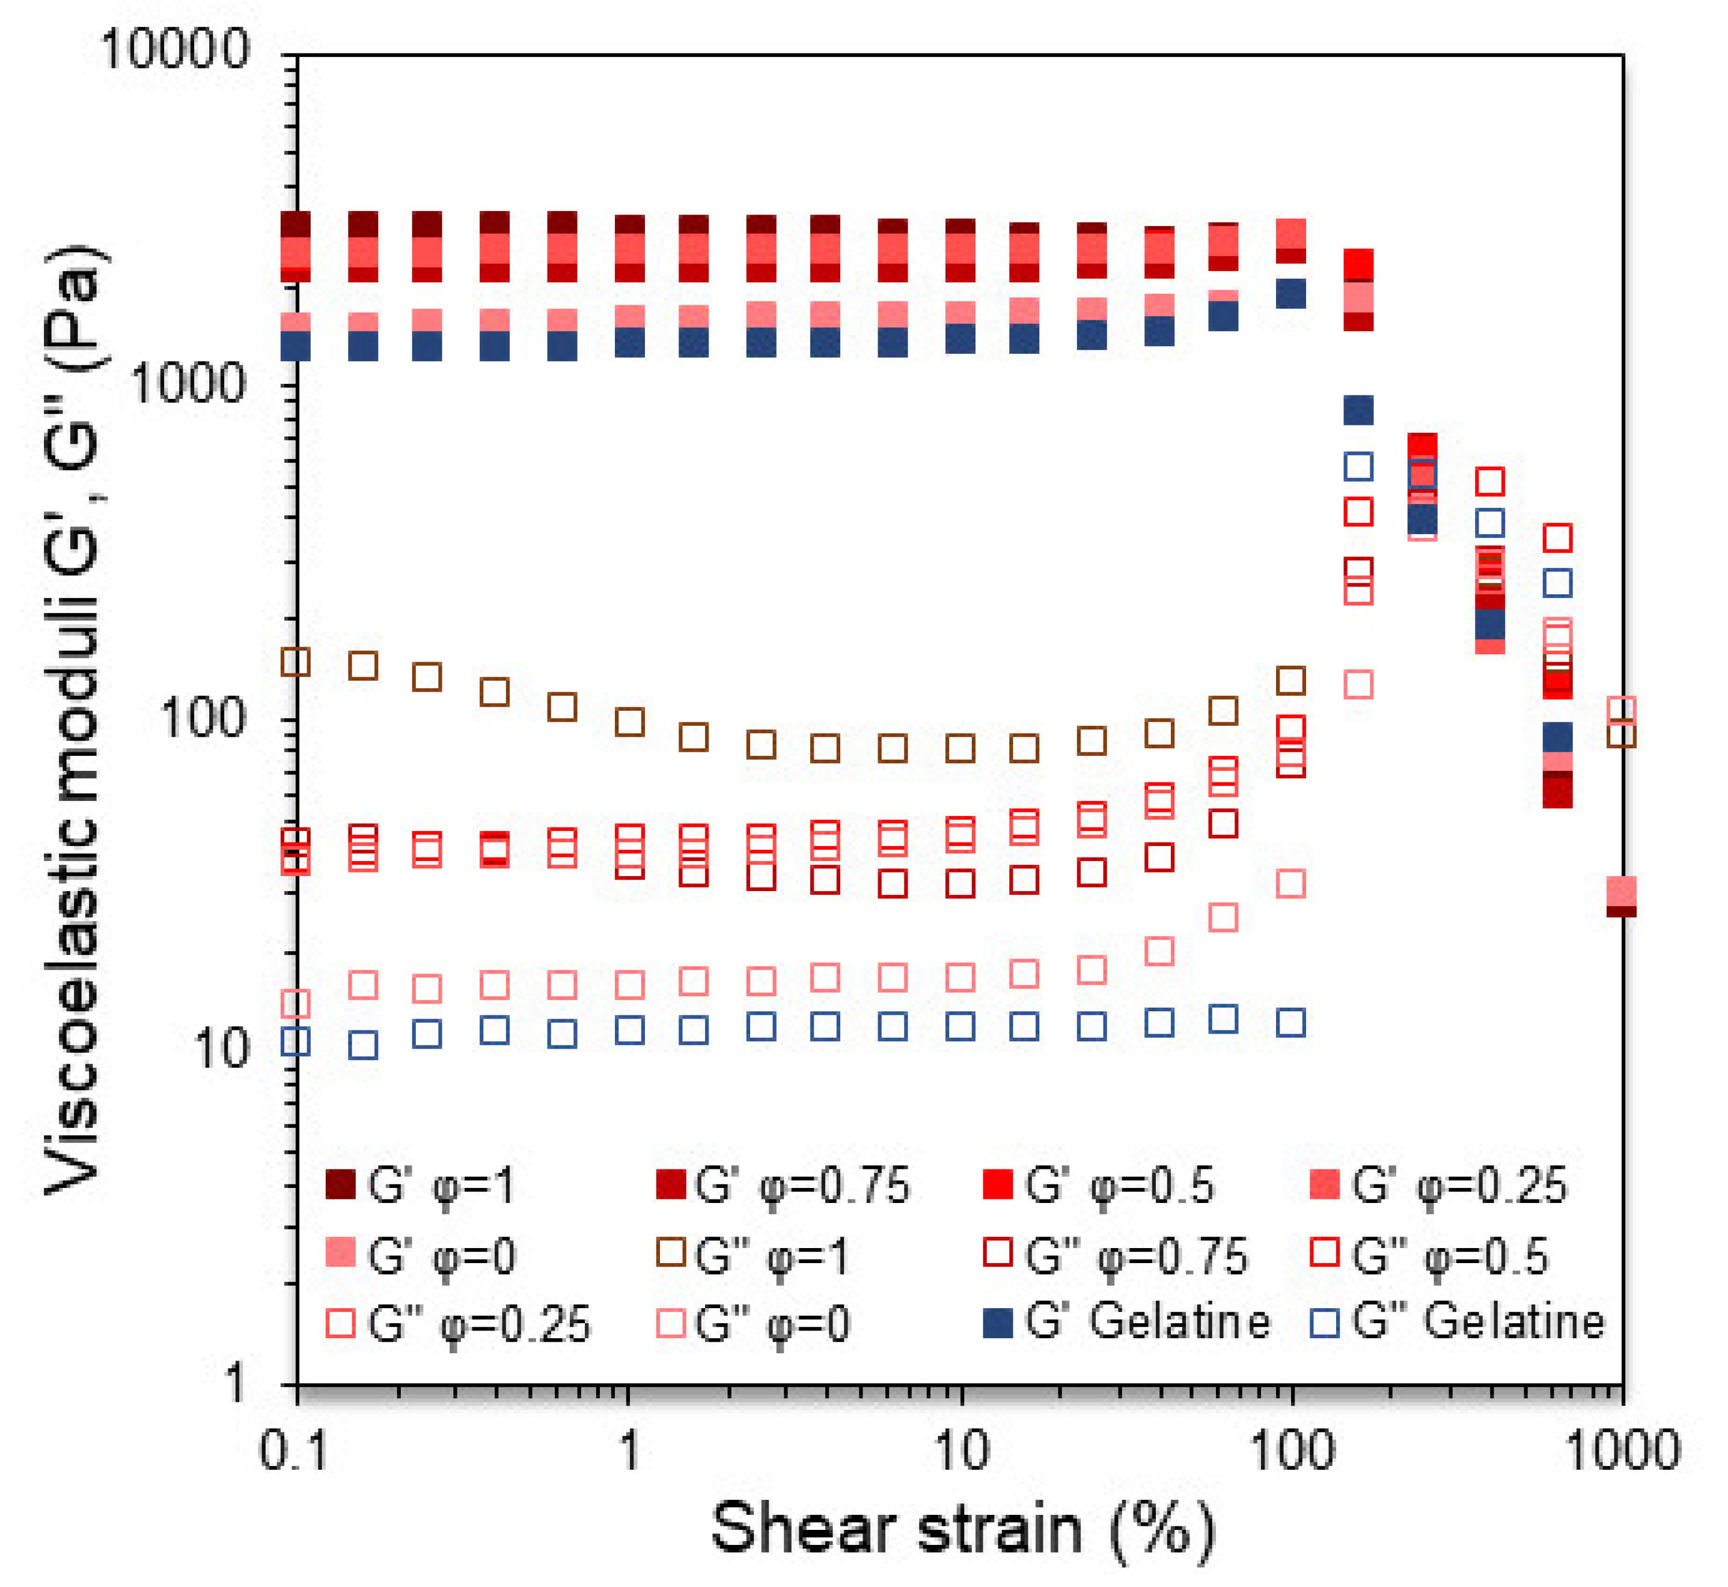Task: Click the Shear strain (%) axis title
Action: tap(962, 1531)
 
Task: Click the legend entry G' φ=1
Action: tap(421, 1185)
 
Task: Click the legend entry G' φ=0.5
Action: tap(1099, 1185)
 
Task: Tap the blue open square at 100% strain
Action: tap(1292, 1023)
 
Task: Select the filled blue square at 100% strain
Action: tap(1292, 294)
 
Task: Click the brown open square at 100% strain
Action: tap(1292, 680)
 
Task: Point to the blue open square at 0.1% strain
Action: tap(296, 1042)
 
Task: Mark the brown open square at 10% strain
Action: tap(960, 748)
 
